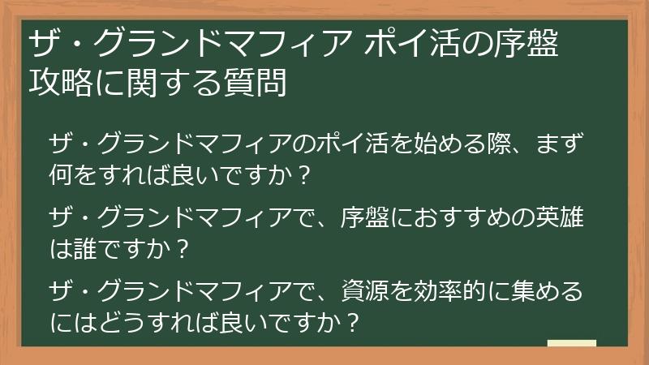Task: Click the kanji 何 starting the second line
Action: (x=62, y=175)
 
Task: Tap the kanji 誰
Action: (x=86, y=246)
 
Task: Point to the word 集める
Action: (x=546, y=290)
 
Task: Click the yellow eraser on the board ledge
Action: (x=571, y=343)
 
